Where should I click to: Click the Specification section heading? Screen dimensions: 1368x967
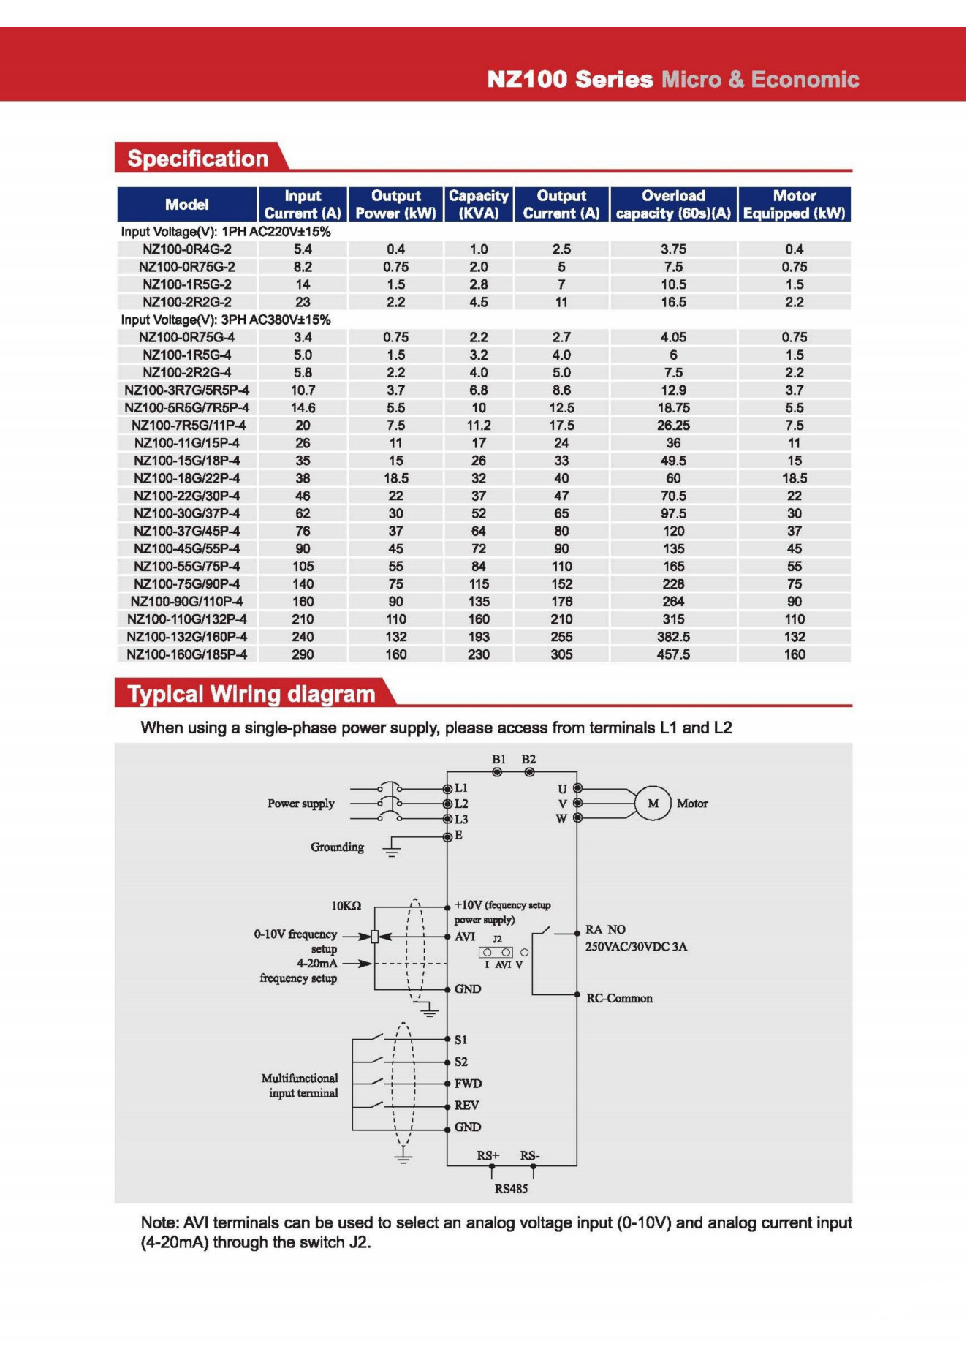coord(198,159)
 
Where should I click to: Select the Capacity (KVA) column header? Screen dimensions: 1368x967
coord(479,205)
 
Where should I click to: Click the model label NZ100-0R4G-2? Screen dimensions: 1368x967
coord(187,249)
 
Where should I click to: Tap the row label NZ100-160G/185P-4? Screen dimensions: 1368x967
coord(187,654)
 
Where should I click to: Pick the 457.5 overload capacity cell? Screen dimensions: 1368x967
coord(673,654)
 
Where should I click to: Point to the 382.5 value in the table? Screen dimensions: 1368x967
coord(673,637)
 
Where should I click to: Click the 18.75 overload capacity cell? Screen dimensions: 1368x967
coord(673,408)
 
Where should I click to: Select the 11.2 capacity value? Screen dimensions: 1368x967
coord(479,426)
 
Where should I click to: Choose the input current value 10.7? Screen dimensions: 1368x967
coord(303,390)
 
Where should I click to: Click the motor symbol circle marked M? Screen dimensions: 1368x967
coord(653,804)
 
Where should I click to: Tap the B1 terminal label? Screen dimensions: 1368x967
coord(498,760)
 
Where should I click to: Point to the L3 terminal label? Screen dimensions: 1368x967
coord(461,820)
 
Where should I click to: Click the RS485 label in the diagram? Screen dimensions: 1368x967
coord(511,1189)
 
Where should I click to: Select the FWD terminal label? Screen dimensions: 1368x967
coord(468,1084)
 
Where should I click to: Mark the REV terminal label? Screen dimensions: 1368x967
coord(466,1106)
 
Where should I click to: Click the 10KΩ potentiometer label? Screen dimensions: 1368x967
coord(346,906)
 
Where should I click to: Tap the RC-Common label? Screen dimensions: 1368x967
coord(619,999)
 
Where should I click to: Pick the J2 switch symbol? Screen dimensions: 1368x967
coord(496,952)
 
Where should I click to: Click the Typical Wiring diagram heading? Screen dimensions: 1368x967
coord(251,694)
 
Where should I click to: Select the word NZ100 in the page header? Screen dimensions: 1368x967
coord(527,79)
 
